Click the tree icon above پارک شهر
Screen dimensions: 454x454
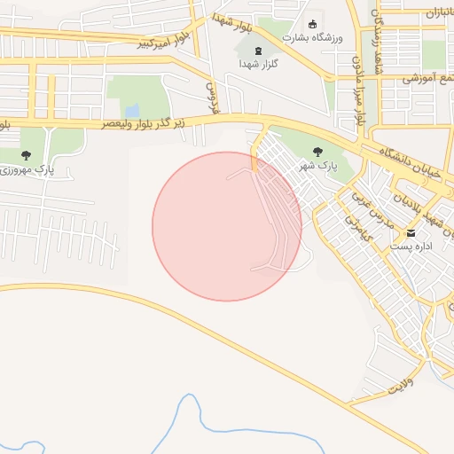pyautogui.click(x=317, y=152)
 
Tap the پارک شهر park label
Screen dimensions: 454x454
pyautogui.click(x=317, y=166)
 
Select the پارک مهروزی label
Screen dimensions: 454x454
pyautogui.click(x=26, y=168)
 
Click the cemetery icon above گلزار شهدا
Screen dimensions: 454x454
pyautogui.click(x=258, y=51)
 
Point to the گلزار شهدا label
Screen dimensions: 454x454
pyautogui.click(x=258, y=65)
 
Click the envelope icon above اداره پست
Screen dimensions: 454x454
pyautogui.click(x=410, y=232)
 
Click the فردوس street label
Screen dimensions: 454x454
pyautogui.click(x=212, y=99)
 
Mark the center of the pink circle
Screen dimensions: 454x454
pyautogui.click(x=227, y=226)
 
